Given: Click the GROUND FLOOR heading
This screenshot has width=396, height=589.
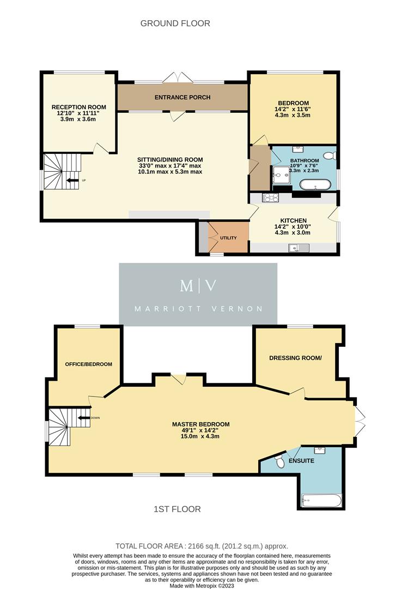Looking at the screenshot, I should pyautogui.click(x=175, y=23).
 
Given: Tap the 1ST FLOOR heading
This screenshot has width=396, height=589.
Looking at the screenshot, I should pyautogui.click(x=177, y=509).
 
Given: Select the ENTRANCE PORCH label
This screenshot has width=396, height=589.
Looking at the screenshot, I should pyautogui.click(x=182, y=98).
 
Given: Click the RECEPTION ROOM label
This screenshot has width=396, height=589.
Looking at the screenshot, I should pyautogui.click(x=78, y=107).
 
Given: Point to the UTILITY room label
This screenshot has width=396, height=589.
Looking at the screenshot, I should pyautogui.click(x=228, y=238).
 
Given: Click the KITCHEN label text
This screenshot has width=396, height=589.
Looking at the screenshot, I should pyautogui.click(x=293, y=221).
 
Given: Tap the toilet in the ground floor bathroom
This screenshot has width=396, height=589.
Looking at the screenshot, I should pyautogui.click(x=333, y=156).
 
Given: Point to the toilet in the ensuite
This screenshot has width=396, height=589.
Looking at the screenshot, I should pyautogui.click(x=279, y=463).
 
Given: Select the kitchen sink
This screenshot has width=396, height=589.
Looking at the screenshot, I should pyautogui.click(x=299, y=248).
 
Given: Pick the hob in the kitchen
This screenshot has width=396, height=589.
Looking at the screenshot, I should pyautogui.click(x=270, y=198).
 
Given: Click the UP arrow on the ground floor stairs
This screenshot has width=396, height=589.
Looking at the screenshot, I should pyautogui.click(x=71, y=180).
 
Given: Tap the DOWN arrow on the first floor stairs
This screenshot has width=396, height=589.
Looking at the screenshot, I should pyautogui.click(x=84, y=418).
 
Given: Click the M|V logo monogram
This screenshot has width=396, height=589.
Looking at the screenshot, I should pyautogui.click(x=198, y=286).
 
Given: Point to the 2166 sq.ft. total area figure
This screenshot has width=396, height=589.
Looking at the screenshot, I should pyautogui.click(x=199, y=546).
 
